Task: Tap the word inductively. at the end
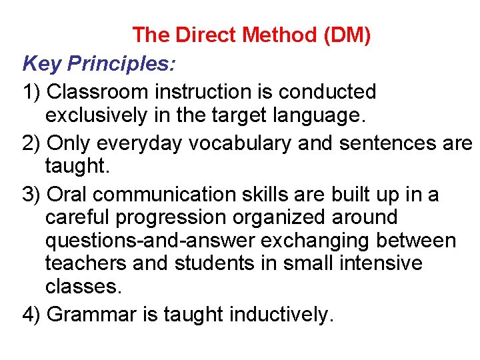click(x=281, y=313)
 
